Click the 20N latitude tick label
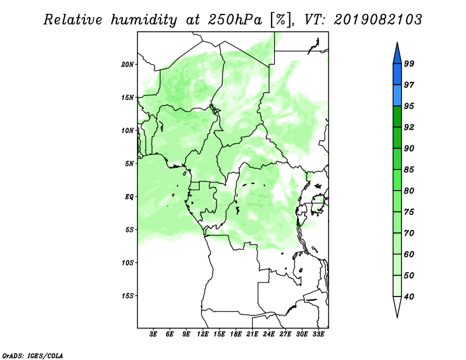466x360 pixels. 128,64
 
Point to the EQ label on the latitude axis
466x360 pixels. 129,197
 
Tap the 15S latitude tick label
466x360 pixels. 128,296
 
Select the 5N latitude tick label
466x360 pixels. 129,164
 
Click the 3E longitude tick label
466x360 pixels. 153,334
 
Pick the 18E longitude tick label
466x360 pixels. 236,334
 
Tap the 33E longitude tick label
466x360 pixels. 318,334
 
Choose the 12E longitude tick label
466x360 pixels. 203,334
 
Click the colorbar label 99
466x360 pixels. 409,63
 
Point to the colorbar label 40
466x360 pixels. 409,297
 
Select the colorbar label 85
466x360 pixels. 409,170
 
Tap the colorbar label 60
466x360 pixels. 409,254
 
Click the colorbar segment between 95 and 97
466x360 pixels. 397,96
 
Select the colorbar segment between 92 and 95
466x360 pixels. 397,117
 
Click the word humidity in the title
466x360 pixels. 144,20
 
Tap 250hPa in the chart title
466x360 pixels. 235,20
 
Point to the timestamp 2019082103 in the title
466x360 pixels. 377,20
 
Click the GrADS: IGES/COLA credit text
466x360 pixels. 33,356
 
